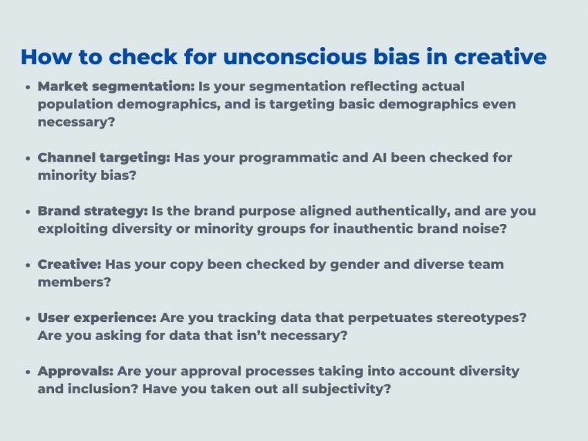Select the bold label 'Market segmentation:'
coord(116,86)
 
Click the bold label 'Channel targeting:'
coord(104,158)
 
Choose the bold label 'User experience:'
coord(97,317)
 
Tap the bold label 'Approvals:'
coord(75,371)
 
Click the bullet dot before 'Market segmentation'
coord(27,88)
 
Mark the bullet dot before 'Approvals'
coord(27,372)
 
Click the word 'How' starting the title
coord(43,57)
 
